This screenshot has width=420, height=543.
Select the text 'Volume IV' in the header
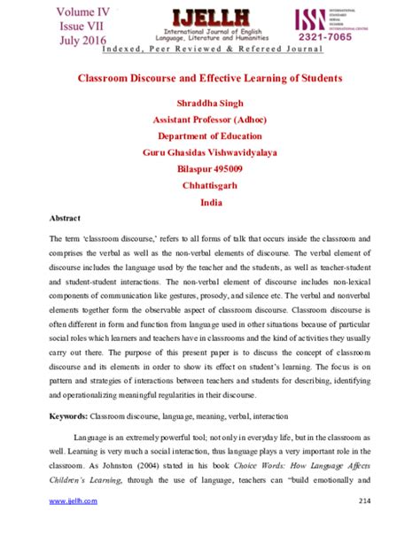[x=85, y=12]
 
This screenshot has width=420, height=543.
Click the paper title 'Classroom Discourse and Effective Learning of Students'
[x=209, y=78]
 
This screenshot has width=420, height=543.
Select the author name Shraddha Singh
[x=209, y=104]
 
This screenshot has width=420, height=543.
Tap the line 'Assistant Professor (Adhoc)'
[x=209, y=120]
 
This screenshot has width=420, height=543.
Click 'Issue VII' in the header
[x=85, y=26]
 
